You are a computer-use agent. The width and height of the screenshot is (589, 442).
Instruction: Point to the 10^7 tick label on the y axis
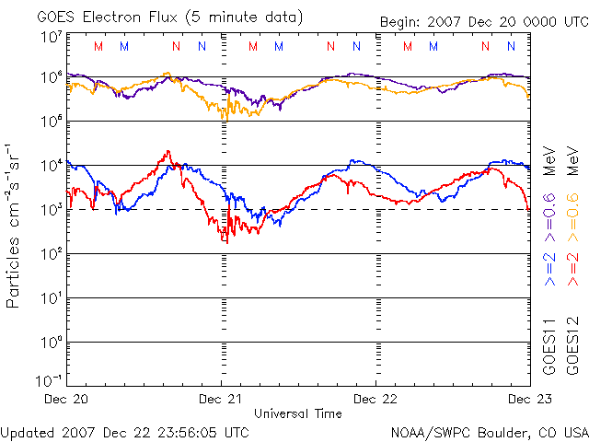[50, 37]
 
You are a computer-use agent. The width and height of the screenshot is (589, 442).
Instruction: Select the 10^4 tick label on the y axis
[50, 166]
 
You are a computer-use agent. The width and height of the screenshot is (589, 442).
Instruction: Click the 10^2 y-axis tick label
[50, 253]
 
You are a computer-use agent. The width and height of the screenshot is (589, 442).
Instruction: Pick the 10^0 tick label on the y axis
[50, 342]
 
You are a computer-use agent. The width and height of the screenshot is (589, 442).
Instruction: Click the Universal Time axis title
[298, 413]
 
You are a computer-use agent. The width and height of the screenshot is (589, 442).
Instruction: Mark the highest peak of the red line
[167, 151]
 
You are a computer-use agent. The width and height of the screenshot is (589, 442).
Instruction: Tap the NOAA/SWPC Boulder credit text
[489, 432]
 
